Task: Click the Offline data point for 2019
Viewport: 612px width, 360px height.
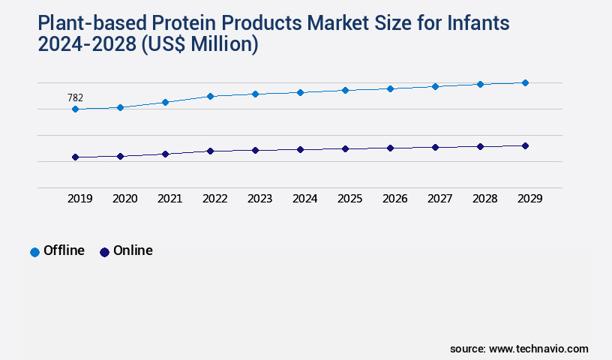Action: click(75, 109)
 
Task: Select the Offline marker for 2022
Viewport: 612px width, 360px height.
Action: click(210, 96)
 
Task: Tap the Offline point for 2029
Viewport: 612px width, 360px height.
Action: click(525, 82)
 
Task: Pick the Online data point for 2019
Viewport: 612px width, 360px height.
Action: click(75, 157)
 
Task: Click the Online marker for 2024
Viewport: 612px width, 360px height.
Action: click(300, 149)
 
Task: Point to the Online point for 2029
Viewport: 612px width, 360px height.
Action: click(525, 145)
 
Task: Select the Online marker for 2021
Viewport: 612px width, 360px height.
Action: click(165, 154)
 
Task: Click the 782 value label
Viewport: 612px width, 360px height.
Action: click(75, 97)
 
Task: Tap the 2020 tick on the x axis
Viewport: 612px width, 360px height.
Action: click(124, 199)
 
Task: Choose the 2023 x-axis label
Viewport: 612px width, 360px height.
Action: click(259, 199)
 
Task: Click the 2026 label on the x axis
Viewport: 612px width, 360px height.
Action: click(394, 199)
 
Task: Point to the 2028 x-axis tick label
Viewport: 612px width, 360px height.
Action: click(484, 199)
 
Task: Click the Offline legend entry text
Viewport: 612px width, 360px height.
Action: click(64, 250)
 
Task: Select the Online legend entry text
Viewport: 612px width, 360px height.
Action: click(133, 250)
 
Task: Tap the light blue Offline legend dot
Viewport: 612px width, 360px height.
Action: click(34, 252)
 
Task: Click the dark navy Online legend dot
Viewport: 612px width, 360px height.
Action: click(104, 252)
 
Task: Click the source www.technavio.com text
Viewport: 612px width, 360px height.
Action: click(519, 349)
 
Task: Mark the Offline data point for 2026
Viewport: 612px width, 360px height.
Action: click(390, 88)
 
